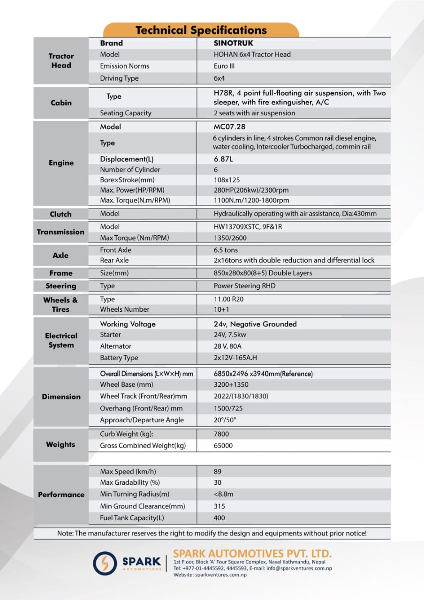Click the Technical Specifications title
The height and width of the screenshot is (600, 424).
(201, 30)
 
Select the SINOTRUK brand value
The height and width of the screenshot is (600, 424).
(233, 43)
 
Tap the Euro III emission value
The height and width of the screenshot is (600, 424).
(224, 66)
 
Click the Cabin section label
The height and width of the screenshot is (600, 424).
(61, 103)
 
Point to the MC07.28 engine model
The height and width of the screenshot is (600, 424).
(229, 127)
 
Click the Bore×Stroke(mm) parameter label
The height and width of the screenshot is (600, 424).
(127, 180)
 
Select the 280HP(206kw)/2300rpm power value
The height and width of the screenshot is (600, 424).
(251, 190)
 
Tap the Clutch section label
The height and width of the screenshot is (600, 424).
(61, 214)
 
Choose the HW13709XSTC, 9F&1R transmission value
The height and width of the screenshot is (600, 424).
(248, 226)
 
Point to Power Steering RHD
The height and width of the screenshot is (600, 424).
(244, 286)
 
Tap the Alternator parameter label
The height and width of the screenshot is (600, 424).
(115, 346)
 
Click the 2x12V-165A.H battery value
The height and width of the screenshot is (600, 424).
(235, 358)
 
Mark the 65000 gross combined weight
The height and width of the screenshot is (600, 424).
(223, 445)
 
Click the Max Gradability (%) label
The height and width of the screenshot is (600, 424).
(130, 482)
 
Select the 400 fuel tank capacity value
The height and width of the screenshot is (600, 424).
(219, 518)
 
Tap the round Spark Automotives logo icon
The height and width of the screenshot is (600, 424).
(105, 563)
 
